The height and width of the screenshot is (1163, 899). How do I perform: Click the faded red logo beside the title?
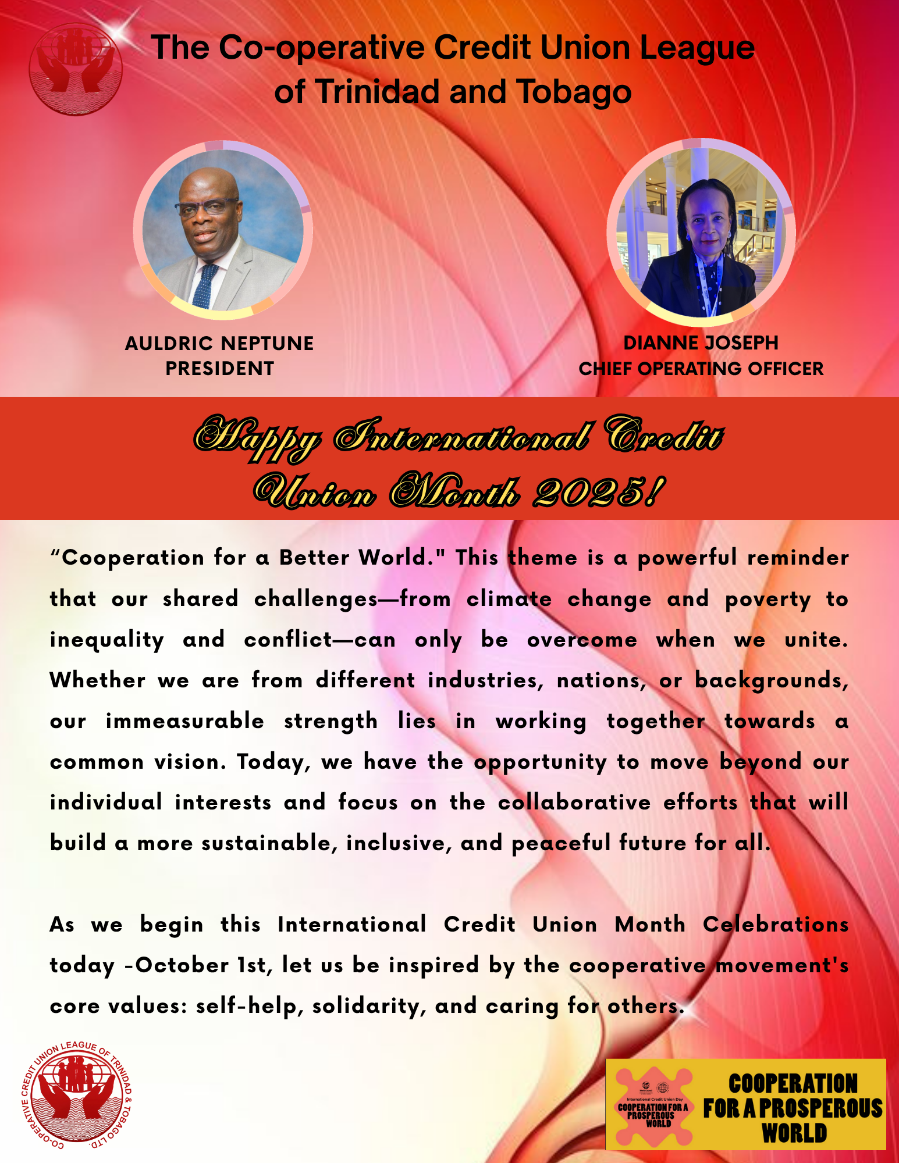click(76, 69)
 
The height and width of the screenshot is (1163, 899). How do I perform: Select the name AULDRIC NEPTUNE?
click(219, 343)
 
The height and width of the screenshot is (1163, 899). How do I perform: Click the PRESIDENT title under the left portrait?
click(219, 369)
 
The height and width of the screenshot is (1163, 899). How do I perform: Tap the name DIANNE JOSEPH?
click(701, 343)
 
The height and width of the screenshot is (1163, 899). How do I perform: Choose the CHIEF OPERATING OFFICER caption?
click(701, 369)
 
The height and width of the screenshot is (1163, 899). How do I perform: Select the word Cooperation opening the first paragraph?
click(133, 558)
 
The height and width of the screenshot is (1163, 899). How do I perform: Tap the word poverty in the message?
click(767, 600)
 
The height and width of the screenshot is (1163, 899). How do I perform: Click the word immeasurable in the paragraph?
click(185, 721)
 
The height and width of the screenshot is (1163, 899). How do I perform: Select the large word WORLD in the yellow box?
click(794, 1133)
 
